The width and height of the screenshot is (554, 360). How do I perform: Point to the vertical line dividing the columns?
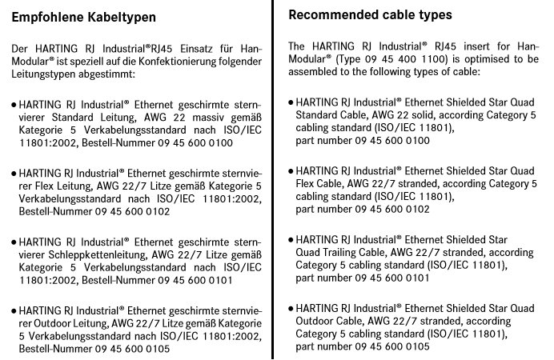(272, 180)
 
